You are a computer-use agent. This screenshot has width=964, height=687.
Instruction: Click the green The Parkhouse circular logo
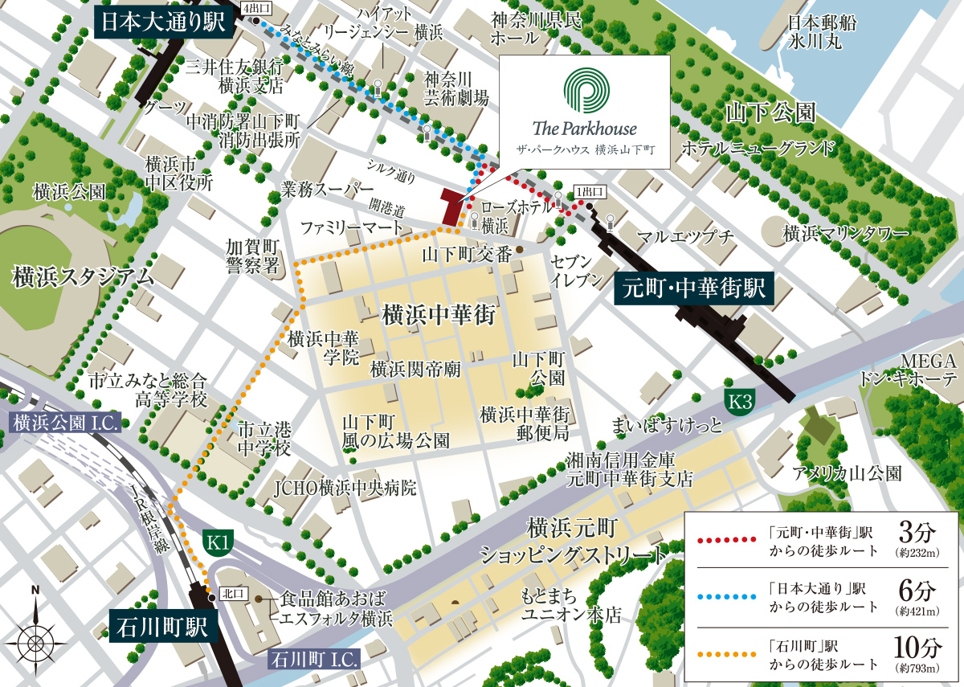(584, 89)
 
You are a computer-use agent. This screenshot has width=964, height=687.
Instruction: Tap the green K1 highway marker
(218, 544)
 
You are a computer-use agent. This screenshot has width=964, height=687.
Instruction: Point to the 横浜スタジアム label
(82, 278)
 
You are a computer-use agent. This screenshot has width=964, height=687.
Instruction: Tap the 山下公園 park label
(770, 112)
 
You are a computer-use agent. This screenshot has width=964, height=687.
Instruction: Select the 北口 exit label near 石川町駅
(231, 595)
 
